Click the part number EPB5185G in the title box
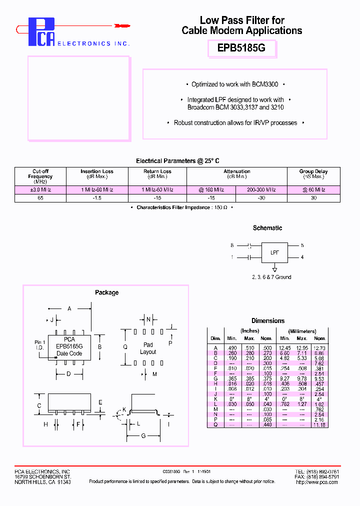pyautogui.click(x=241, y=49)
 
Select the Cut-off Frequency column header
pyautogui.click(x=40, y=176)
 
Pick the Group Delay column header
pyautogui.click(x=313, y=174)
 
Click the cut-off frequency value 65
pyautogui.click(x=40, y=198)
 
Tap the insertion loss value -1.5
pyautogui.click(x=97, y=198)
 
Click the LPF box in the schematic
pyautogui.click(x=274, y=252)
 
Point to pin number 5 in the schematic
pyautogui.click(x=302, y=245)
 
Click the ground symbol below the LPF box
pyautogui.click(x=274, y=268)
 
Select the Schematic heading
pyautogui.click(x=267, y=228)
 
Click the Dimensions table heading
pyautogui.click(x=268, y=321)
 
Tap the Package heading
pyautogui.click(x=106, y=292)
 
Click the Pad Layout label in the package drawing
pyautogui.click(x=148, y=348)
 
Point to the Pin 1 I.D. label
pyautogui.click(x=40, y=344)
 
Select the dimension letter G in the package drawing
pyautogui.click(x=143, y=435)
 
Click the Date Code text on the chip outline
pyautogui.click(x=69, y=353)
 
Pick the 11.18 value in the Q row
pyautogui.click(x=319, y=425)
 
